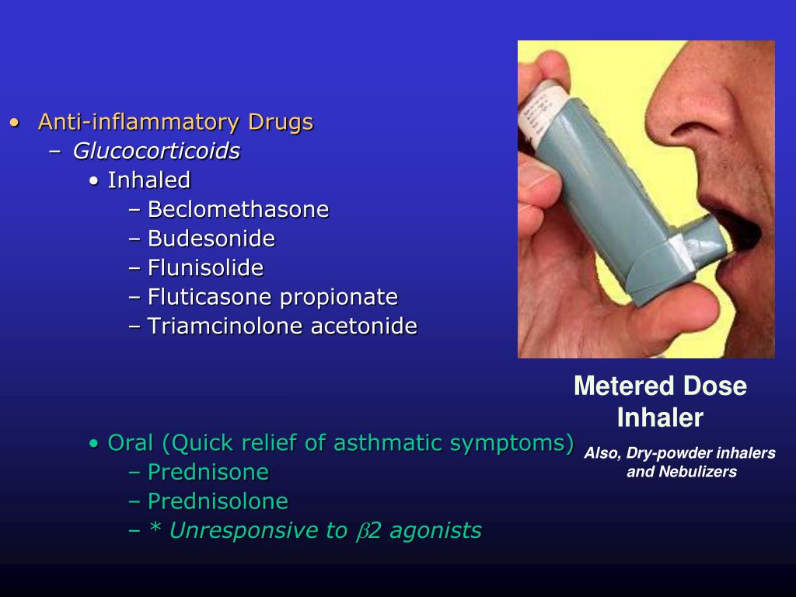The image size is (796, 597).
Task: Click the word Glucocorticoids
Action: [x=156, y=151]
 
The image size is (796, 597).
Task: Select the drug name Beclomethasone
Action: [x=239, y=210]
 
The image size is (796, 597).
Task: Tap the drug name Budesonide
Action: [x=211, y=239]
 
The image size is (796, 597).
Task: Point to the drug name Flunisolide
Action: [x=206, y=268]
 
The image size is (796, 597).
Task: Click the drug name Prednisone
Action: [x=208, y=472]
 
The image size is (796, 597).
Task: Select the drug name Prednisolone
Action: [x=218, y=501]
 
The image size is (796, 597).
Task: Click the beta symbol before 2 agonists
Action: [x=361, y=532]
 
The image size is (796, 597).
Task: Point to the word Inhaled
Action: [x=149, y=180]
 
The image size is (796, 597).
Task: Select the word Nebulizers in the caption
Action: [x=696, y=472]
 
